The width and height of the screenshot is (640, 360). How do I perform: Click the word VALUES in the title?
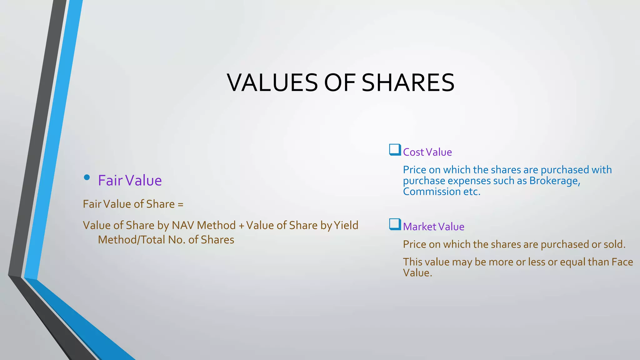tap(272, 83)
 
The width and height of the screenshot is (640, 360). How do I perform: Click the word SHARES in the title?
tap(408, 83)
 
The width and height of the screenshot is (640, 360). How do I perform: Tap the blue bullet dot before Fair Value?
tap(87, 177)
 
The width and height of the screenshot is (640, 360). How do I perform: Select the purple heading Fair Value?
tap(130, 181)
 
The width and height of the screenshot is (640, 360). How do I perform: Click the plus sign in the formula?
tap(241, 226)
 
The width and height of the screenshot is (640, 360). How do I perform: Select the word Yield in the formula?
tap(346, 225)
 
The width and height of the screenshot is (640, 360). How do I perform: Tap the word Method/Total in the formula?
tap(131, 240)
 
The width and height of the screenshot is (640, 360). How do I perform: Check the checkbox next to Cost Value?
tap(395, 150)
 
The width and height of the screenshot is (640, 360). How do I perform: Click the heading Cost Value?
tap(427, 152)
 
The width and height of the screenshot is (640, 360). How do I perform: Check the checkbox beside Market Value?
tap(395, 224)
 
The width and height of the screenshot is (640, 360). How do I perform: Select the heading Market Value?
tap(433, 227)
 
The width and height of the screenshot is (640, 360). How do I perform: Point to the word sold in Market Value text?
tap(614, 244)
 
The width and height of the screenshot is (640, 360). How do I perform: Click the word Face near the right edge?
tap(622, 262)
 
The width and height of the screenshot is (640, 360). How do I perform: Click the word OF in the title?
tap(340, 83)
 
